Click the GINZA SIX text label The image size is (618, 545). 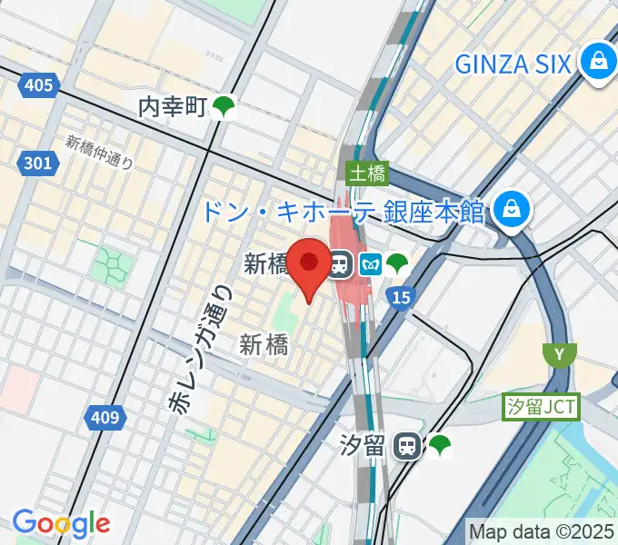[x=513, y=64]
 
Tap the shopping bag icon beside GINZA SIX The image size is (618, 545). [x=598, y=62]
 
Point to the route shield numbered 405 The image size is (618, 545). [x=39, y=86]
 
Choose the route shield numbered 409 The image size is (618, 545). [x=105, y=418]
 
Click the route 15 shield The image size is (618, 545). [x=400, y=297]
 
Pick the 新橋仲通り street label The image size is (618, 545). [x=100, y=154]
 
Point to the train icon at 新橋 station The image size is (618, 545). [x=341, y=264]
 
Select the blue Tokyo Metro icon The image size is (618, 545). [x=370, y=264]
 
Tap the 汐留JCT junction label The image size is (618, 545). [x=542, y=407]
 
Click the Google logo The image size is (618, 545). [x=60, y=523]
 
